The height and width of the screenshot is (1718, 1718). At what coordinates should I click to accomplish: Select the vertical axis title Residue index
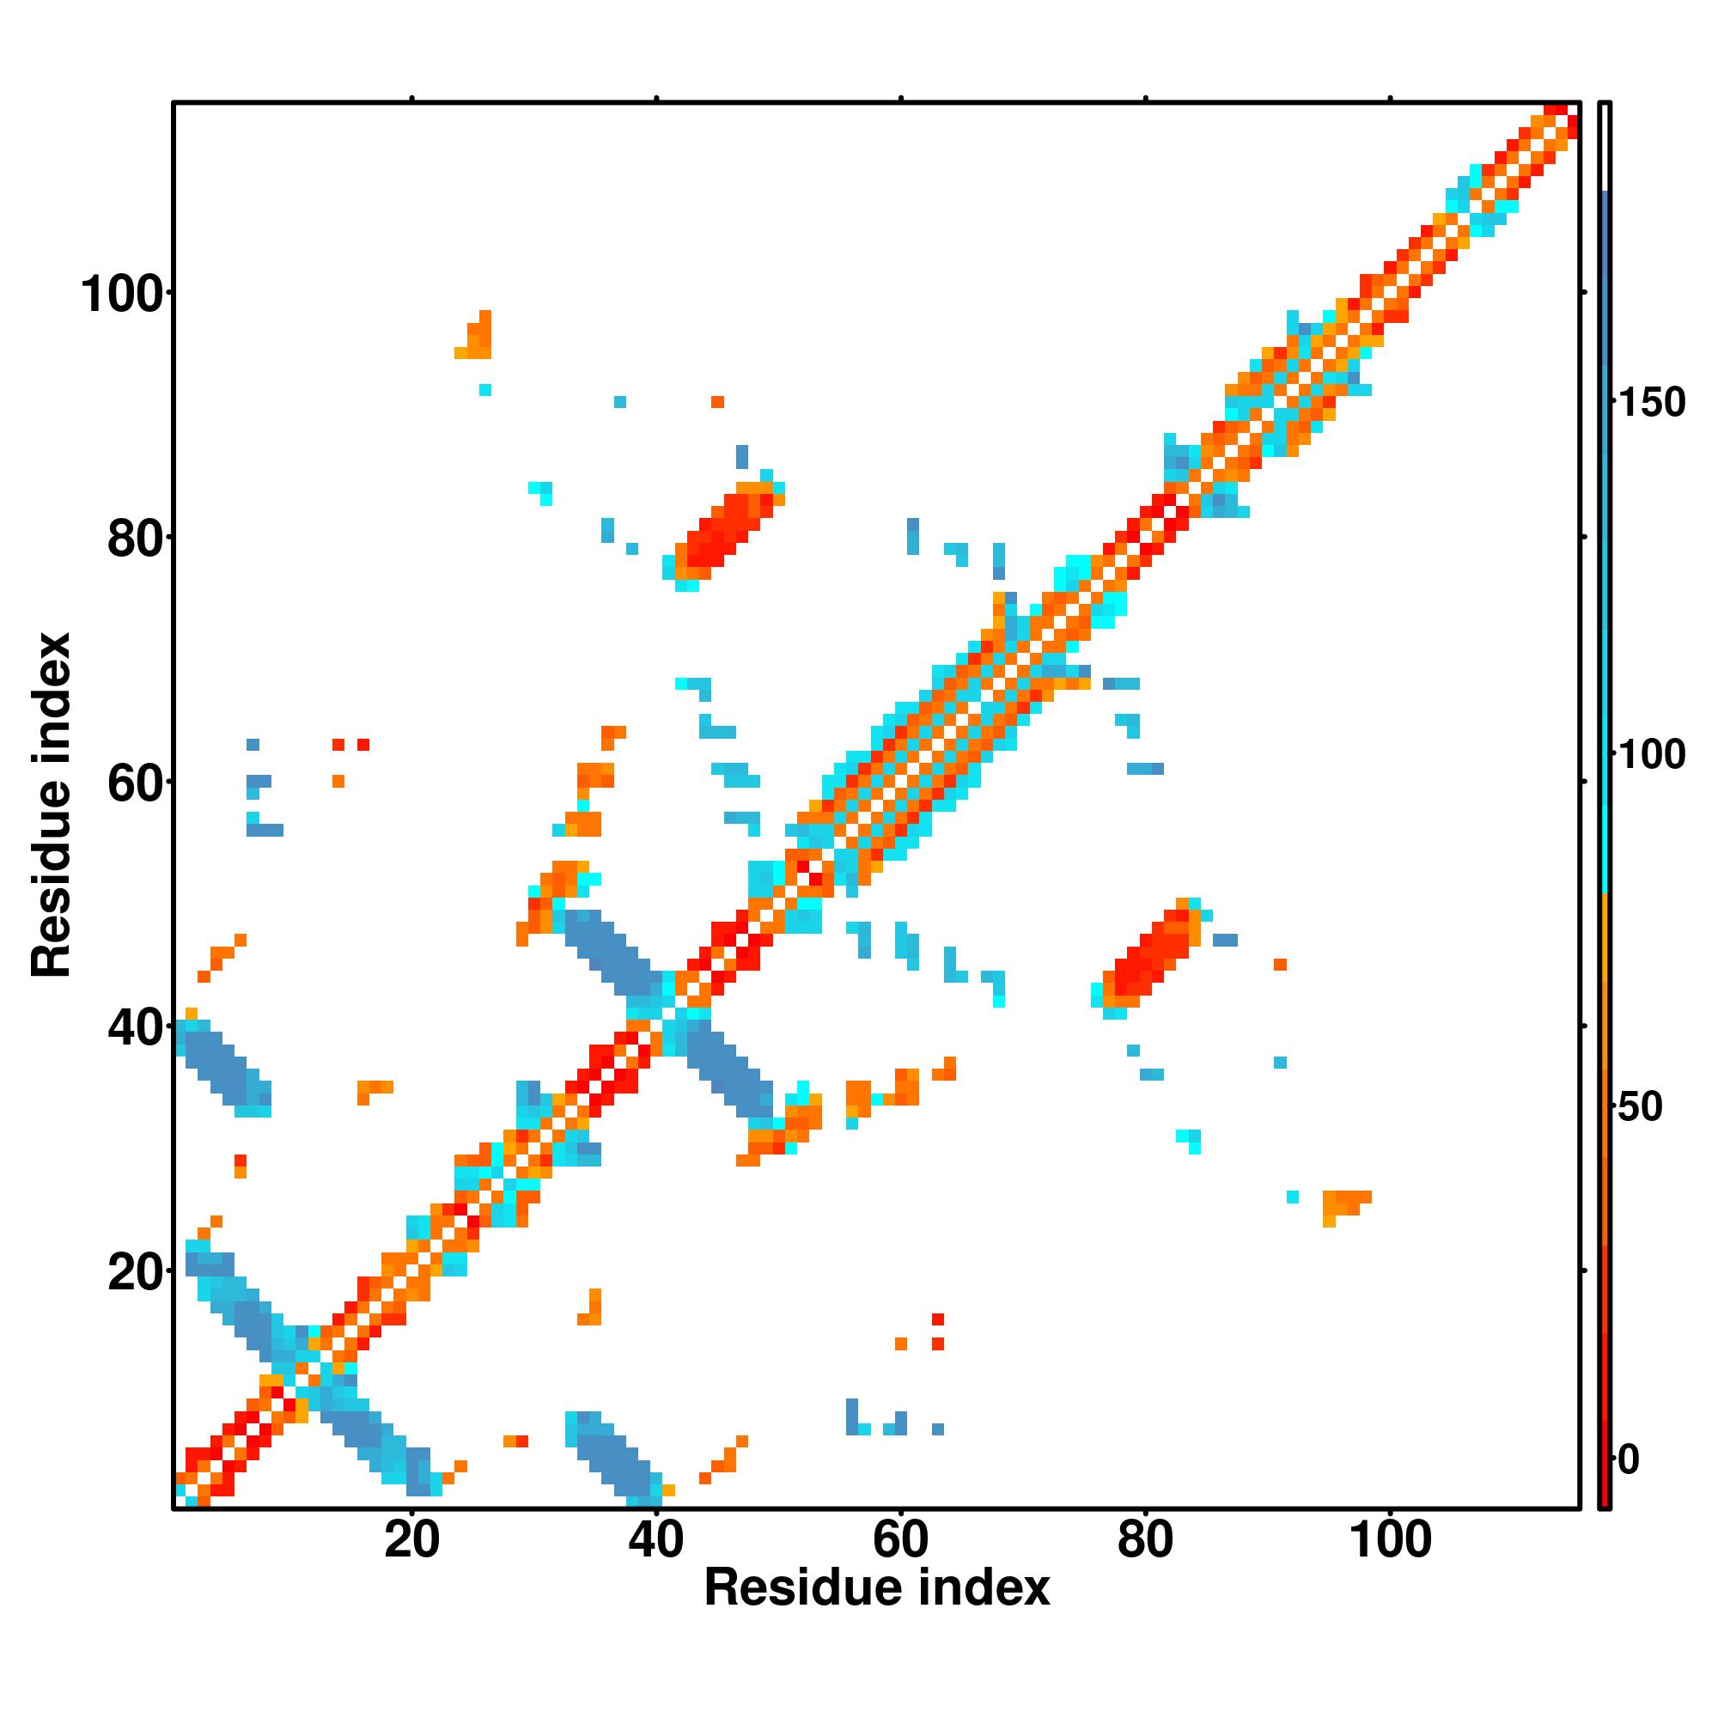pos(52,805)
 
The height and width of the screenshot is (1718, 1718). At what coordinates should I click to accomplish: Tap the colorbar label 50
pos(1641,1108)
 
